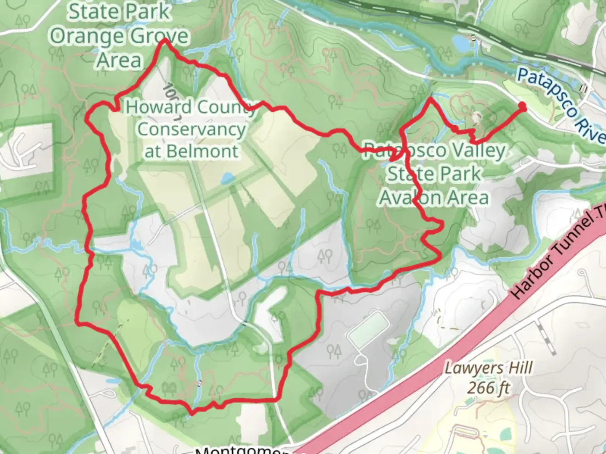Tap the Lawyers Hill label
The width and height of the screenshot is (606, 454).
click(x=489, y=369)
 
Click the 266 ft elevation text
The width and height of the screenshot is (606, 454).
click(x=489, y=388)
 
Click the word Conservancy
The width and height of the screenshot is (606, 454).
click(x=191, y=129)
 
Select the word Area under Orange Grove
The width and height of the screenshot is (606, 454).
click(x=119, y=60)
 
